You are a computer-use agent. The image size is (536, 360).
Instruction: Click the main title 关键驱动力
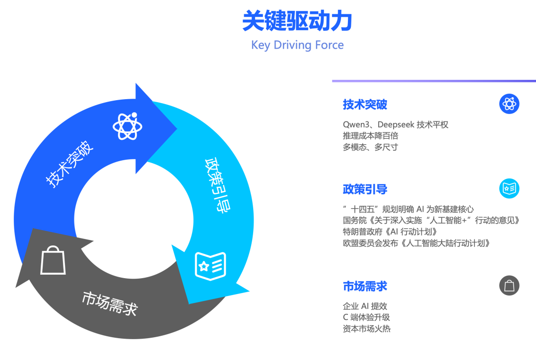(297, 22)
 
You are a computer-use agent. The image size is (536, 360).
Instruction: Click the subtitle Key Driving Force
(297, 45)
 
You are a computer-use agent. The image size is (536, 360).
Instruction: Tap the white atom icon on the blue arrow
(128, 126)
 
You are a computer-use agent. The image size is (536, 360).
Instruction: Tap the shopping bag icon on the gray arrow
(53, 261)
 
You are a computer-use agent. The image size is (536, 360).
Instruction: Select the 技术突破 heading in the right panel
(365, 105)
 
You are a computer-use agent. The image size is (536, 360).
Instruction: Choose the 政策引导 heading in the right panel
(365, 189)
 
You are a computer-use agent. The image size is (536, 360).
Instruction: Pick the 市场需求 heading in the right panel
(365, 287)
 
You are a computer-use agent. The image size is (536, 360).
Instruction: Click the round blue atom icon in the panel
(509, 104)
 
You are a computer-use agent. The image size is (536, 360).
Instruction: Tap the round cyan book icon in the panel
(509, 188)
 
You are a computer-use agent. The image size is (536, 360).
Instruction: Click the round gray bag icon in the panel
(509, 286)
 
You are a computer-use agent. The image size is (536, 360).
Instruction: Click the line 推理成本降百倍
(370, 136)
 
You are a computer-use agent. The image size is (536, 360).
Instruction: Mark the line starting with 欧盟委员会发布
(416, 243)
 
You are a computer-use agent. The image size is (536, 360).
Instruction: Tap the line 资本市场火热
(366, 328)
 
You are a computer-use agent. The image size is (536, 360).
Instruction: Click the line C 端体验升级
(366, 317)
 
